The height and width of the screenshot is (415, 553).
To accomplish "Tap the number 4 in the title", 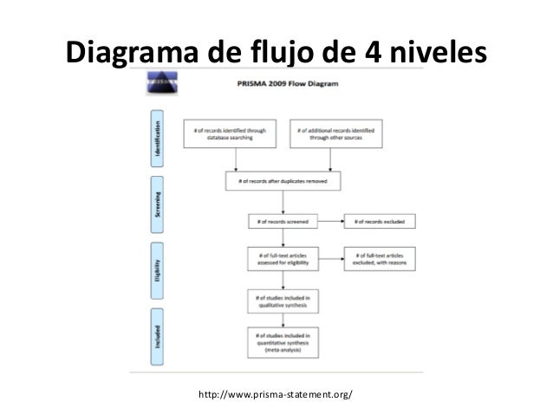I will (369, 53).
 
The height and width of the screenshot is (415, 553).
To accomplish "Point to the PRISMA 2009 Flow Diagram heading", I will (283, 86).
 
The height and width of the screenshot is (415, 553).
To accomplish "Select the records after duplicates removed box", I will (283, 181).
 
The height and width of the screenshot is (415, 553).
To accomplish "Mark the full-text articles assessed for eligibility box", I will (283, 259).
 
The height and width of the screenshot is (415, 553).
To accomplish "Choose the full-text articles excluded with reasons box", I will (379, 259).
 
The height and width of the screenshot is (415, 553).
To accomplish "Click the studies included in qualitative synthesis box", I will (283, 301).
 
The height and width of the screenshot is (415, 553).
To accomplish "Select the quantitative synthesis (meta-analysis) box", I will (283, 343).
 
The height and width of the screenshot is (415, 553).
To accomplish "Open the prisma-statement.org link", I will (276, 395).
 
